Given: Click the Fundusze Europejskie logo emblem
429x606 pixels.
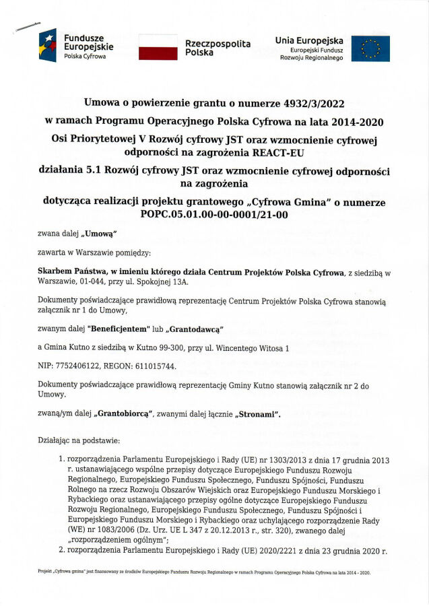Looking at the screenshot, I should coord(48,46).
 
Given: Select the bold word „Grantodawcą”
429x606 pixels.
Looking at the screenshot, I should coord(195,328).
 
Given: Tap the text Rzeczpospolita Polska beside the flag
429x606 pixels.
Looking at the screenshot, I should coord(218,47).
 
